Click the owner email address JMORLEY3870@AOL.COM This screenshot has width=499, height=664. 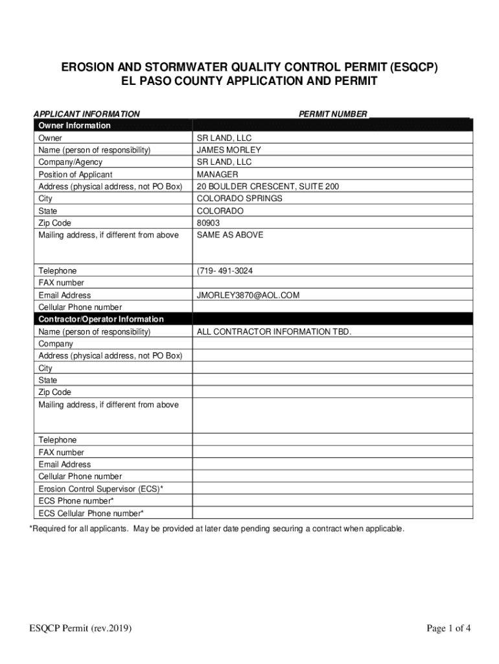(x=248, y=295)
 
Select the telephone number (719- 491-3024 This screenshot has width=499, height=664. (x=225, y=270)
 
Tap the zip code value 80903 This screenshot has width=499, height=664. (x=208, y=223)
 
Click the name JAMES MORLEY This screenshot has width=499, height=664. (x=229, y=150)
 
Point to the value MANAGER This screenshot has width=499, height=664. (x=217, y=174)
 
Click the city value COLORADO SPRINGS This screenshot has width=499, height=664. (x=240, y=198)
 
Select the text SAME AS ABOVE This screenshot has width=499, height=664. (x=230, y=235)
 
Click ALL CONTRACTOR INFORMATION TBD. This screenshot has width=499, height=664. (x=274, y=331)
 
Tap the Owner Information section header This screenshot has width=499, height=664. (x=75, y=125)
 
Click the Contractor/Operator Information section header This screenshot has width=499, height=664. (x=101, y=319)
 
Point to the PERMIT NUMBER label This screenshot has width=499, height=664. (x=332, y=114)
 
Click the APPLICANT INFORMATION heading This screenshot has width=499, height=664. (x=86, y=114)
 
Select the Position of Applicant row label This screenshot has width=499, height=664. (x=75, y=174)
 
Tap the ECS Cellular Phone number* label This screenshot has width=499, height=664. (x=91, y=513)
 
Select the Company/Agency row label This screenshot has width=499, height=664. (x=70, y=162)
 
